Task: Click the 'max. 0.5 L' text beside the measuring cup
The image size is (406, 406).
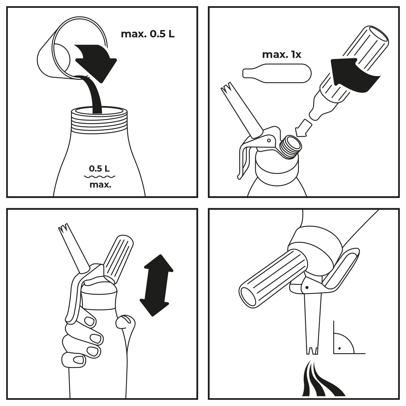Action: click(148, 34)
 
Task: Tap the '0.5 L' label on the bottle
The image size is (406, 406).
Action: click(99, 169)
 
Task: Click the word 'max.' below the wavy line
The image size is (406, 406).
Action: click(100, 185)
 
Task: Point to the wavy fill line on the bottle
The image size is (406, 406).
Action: click(100, 177)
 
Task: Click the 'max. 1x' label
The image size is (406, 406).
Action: click(281, 55)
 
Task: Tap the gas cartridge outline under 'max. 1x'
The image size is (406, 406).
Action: click(277, 73)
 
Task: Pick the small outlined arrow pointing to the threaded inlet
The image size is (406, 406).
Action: click(303, 128)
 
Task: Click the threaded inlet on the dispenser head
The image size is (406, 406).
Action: click(290, 146)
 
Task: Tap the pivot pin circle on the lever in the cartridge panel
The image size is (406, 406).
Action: click(269, 140)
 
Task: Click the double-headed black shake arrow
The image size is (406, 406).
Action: click(156, 285)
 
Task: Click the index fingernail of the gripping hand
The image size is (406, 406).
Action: click(90, 321)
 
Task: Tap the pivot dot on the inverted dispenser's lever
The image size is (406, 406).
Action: click(307, 288)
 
